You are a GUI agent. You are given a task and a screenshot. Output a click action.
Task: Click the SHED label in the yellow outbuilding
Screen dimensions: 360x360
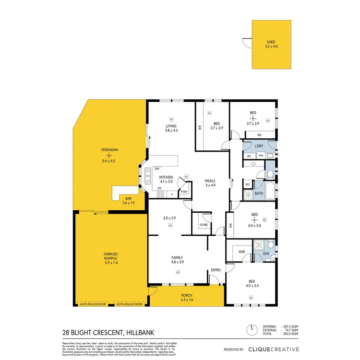(x=271, y=42)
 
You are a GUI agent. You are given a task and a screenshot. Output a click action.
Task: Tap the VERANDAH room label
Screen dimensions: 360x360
(x=109, y=150)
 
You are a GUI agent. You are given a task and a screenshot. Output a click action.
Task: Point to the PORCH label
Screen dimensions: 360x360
(x=186, y=295)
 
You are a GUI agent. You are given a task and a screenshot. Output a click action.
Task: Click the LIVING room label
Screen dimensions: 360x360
(x=171, y=126)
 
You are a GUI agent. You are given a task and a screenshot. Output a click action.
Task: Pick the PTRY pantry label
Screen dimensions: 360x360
(x=184, y=192)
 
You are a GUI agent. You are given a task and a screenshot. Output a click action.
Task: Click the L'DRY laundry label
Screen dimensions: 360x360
(x=259, y=145)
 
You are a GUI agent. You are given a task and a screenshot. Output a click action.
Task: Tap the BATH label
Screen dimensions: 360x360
(x=259, y=194)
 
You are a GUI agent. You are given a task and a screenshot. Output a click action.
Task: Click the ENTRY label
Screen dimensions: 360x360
(x=216, y=270)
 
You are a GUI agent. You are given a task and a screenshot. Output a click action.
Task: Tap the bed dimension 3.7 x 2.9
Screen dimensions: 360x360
(x=253, y=124)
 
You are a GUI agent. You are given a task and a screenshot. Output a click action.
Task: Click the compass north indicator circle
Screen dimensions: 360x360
(x=250, y=330)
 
